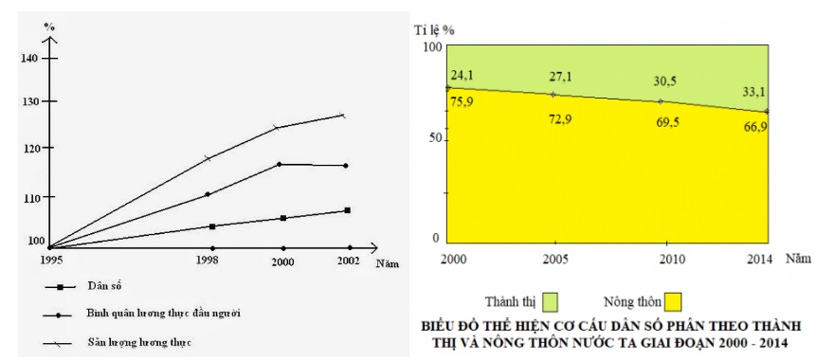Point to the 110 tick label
[x=30, y=198]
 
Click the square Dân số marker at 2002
[x=348, y=210]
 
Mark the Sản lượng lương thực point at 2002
[x=343, y=116]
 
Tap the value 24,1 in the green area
[x=462, y=73]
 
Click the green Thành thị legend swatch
[x=550, y=302]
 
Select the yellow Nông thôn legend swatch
[x=674, y=302]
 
